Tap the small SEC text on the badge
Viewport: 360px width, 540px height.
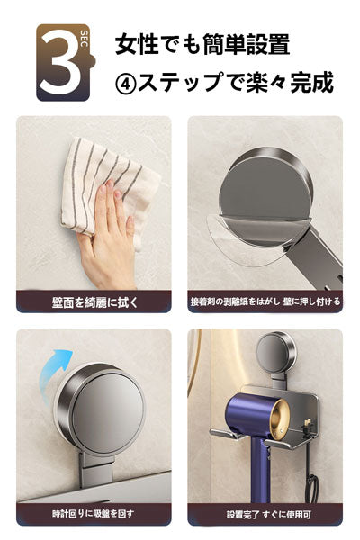[84, 40]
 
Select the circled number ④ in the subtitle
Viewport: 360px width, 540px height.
[126, 84]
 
